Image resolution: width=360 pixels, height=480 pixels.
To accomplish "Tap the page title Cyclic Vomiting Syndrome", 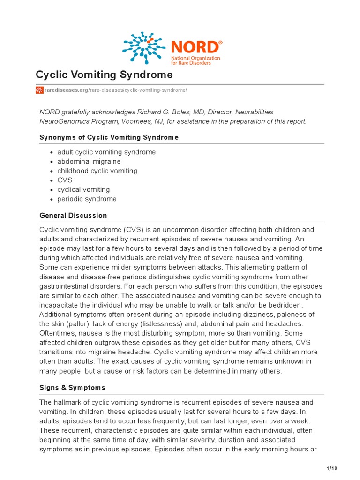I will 105,75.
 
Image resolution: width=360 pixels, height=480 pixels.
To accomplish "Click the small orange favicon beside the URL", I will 40,90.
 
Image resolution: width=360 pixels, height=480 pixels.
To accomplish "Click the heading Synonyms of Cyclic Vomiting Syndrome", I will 109,137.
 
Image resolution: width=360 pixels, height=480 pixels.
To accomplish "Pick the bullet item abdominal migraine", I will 89,162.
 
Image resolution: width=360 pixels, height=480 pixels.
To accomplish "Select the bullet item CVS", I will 65,180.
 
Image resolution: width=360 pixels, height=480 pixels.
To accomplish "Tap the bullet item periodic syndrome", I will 87,199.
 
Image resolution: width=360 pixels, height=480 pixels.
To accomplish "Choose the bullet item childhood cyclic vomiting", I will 97,171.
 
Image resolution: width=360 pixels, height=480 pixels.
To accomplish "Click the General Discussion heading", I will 73,216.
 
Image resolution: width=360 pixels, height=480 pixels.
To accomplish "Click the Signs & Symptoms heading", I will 73,388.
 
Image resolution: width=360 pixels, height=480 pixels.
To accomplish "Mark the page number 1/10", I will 331,468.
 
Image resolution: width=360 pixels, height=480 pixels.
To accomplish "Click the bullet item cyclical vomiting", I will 83,190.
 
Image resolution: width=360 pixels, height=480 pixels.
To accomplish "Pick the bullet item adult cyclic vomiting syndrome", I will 106,152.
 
